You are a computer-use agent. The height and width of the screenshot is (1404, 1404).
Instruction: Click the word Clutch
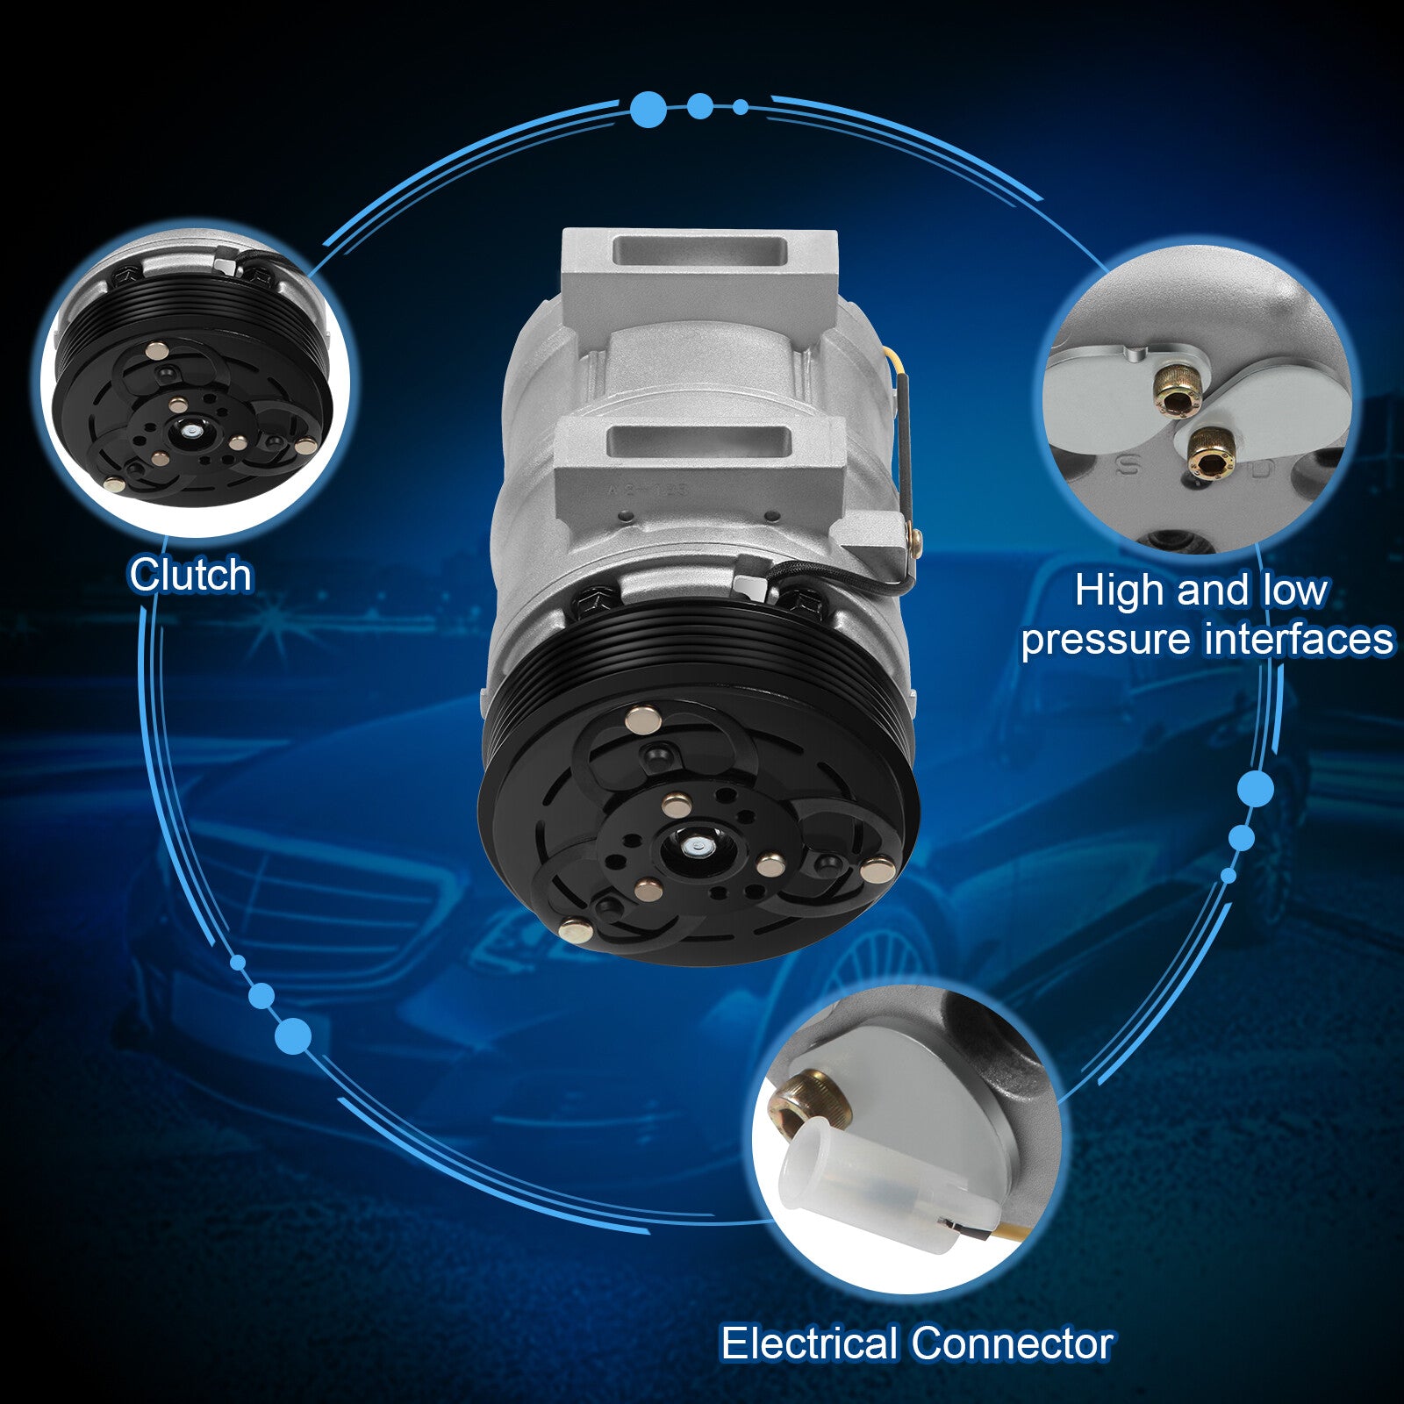190,576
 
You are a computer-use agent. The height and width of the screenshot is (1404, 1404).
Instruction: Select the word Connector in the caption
1012,1343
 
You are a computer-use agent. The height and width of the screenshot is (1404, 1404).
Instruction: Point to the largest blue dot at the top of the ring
648,110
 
